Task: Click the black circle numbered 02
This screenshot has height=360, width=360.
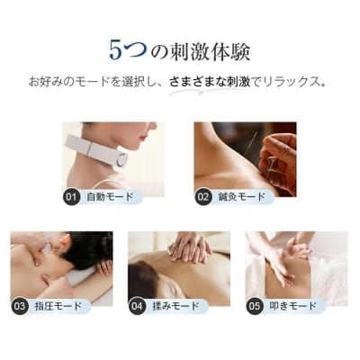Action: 203,195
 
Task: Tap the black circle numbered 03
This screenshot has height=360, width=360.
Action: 19,305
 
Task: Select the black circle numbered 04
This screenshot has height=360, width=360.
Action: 137,305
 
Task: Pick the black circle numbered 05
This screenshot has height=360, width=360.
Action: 255,305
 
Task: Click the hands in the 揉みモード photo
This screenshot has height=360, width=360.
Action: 192,247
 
